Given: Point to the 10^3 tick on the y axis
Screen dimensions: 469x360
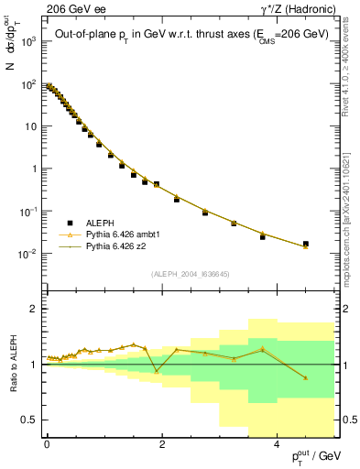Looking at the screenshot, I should pyautogui.click(x=29, y=42).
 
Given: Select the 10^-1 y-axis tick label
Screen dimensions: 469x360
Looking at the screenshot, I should pyautogui.click(x=28, y=212).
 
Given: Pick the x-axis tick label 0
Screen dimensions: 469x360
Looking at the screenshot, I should pyautogui.click(x=47, y=443).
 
